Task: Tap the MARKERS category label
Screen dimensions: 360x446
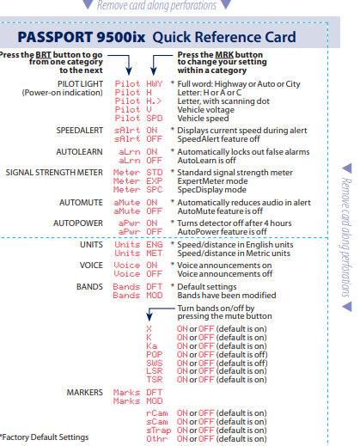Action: pos(84,391)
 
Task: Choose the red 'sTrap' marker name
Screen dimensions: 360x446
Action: pos(158,429)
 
